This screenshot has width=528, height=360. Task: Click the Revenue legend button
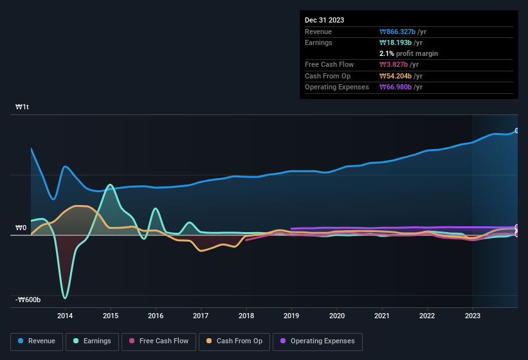point(37,341)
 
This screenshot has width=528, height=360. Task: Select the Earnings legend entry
point(93,341)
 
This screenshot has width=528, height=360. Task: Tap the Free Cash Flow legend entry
point(159,341)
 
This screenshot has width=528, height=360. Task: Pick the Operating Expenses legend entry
point(317,341)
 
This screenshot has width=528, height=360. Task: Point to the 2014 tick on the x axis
point(65,315)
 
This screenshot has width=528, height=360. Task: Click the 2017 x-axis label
point(201,315)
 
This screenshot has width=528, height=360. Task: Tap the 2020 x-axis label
point(336,315)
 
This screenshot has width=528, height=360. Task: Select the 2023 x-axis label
point(472,315)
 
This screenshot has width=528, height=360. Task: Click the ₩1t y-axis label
point(23,107)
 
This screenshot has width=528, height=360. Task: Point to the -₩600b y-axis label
point(28,300)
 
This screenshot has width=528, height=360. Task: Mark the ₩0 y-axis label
point(21,228)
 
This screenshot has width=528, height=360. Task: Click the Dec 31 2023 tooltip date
point(324,20)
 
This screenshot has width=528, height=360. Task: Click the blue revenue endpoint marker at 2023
point(516,130)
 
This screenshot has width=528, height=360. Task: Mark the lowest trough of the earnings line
point(65,298)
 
